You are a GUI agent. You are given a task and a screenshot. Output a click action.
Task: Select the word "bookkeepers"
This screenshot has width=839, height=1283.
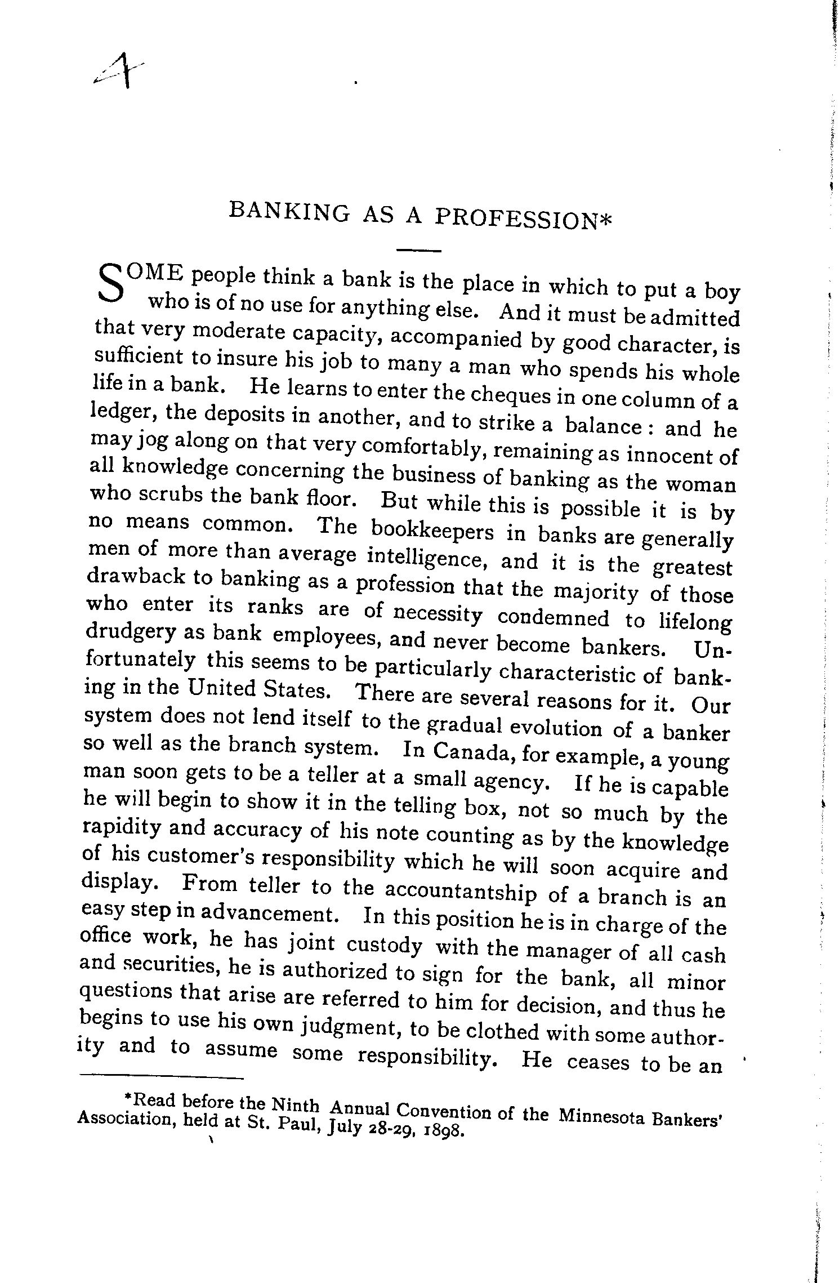(x=431, y=532)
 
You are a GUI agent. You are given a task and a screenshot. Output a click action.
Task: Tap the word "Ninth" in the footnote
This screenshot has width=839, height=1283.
(x=296, y=1107)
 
